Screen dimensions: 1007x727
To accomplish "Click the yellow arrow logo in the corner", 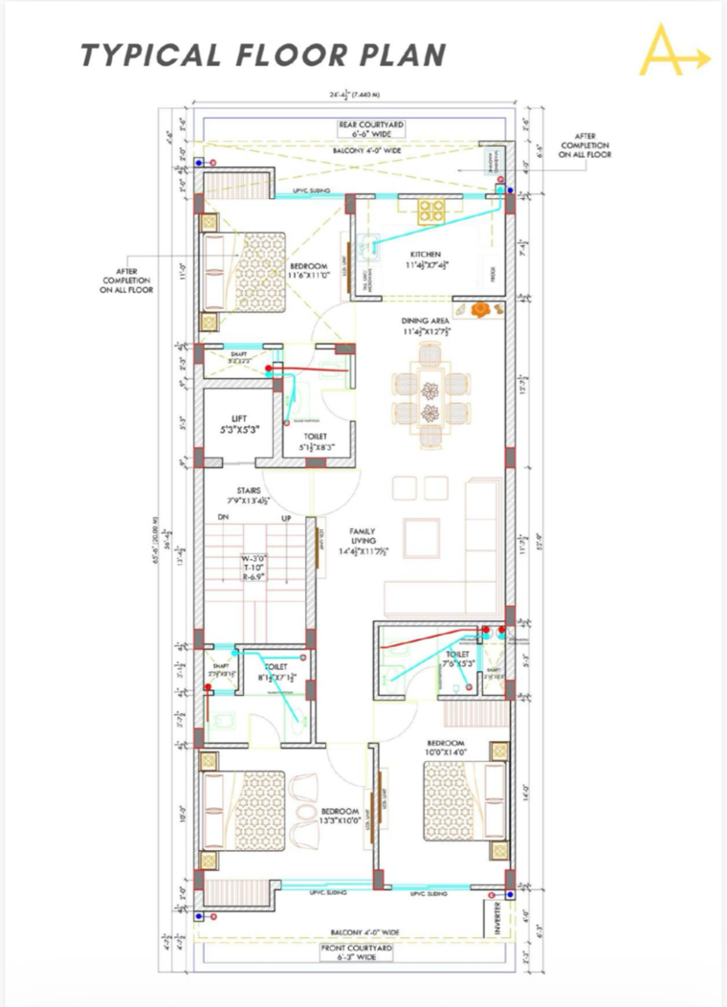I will pos(672,52).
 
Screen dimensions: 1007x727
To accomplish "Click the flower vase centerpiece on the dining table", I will pos(431,391).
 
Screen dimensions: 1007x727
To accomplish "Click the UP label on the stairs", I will pos(286,518).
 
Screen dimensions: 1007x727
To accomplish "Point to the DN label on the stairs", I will pos(223,518).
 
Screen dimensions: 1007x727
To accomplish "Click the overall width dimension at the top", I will pos(355,95).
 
